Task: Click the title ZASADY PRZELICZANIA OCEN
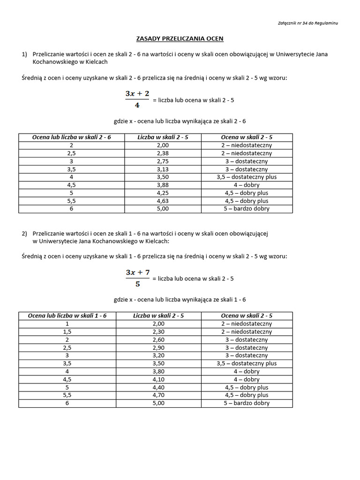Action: pyautogui.click(x=180, y=38)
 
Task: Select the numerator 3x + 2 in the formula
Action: pyautogui.click(x=137, y=94)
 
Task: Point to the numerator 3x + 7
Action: pyautogui.click(x=137, y=272)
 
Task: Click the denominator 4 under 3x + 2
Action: pyautogui.click(x=137, y=105)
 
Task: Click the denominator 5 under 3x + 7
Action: pyautogui.click(x=137, y=284)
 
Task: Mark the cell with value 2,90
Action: pyautogui.click(x=159, y=347)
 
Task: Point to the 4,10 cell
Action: pyautogui.click(x=159, y=379)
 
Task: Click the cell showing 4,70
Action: pyautogui.click(x=159, y=395)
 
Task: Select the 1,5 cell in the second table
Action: pyautogui.click(x=67, y=331)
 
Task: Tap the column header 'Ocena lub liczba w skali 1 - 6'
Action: pyautogui.click(x=67, y=315)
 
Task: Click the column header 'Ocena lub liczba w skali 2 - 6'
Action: pyautogui.click(x=71, y=137)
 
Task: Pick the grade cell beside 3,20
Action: pyautogui.click(x=247, y=355)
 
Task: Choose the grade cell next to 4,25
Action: pyautogui.click(x=247, y=193)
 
